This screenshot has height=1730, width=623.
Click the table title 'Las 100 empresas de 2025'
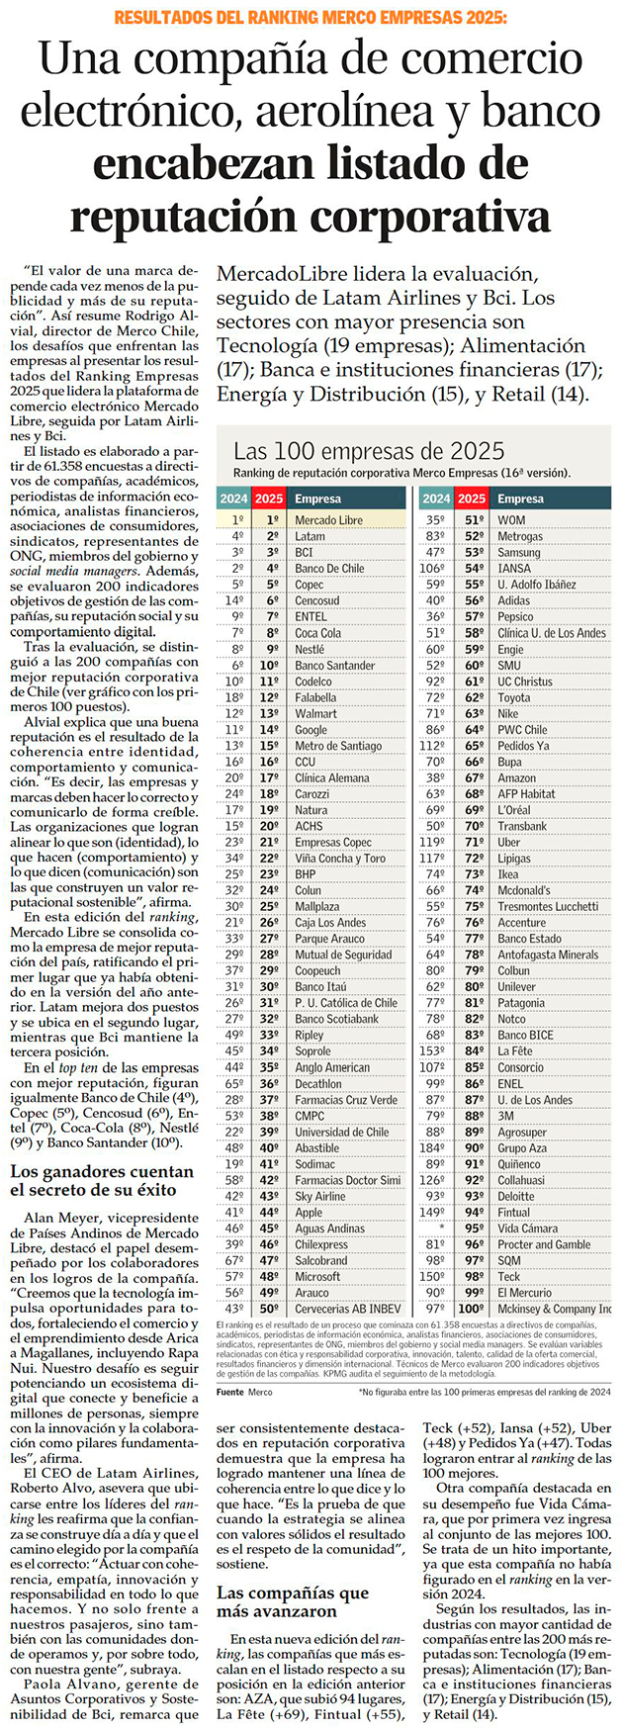(x=369, y=452)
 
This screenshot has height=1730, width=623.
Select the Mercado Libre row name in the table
(x=328, y=519)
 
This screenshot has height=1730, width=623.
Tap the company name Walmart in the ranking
(x=316, y=713)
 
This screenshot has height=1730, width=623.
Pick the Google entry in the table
(x=313, y=729)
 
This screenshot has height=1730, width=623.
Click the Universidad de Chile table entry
(x=341, y=1132)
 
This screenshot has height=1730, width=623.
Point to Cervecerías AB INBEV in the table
(x=347, y=1309)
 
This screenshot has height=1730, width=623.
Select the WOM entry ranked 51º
(x=511, y=519)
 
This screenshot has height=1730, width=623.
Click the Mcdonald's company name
(x=525, y=890)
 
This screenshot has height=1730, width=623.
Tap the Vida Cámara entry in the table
(x=527, y=1228)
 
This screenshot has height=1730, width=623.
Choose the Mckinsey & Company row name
(x=554, y=1309)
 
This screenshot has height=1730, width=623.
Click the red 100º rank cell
(x=472, y=1309)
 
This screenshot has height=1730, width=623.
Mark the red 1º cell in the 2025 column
(x=269, y=519)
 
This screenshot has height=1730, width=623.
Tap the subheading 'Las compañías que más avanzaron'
(x=293, y=1602)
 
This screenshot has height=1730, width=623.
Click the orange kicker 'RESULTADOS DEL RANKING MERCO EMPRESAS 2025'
(x=311, y=18)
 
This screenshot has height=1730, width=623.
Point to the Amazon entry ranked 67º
(x=516, y=777)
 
